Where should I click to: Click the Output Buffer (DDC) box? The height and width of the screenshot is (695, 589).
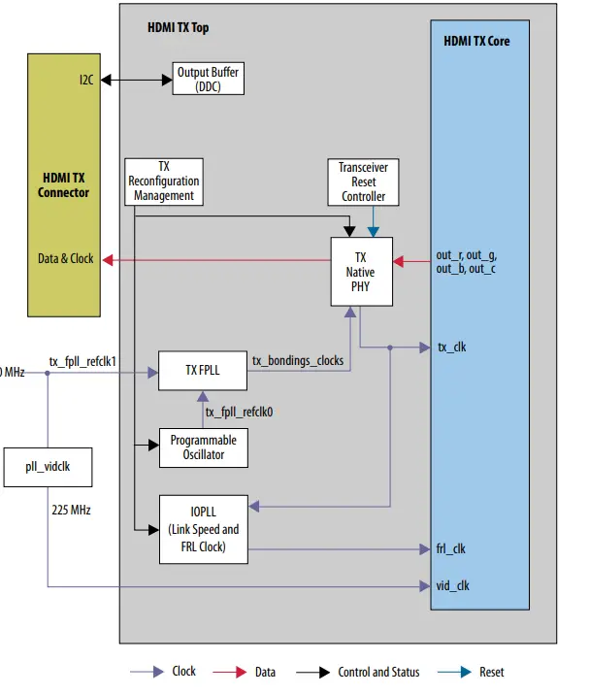coord(208,79)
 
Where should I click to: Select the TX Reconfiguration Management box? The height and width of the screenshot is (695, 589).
coord(164,182)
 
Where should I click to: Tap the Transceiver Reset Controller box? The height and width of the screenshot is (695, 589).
coord(363,182)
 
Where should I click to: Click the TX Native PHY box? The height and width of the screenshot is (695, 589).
coord(360,272)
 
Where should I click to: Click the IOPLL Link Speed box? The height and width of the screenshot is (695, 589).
coord(203,530)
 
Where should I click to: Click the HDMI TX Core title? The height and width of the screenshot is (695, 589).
coord(475,41)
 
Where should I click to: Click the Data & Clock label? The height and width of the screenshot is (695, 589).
coord(66,259)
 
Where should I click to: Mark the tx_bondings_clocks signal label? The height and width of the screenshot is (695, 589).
coord(297,360)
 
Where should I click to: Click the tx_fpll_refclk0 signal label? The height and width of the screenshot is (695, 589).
coord(239,412)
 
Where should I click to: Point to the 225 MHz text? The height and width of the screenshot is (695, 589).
coord(71,510)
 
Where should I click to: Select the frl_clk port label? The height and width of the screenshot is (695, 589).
coord(450,549)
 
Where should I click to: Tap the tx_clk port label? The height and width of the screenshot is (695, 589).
coord(451,347)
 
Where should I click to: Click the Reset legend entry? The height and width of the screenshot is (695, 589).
coord(492,672)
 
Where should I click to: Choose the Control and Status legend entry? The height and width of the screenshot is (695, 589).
coord(377,672)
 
